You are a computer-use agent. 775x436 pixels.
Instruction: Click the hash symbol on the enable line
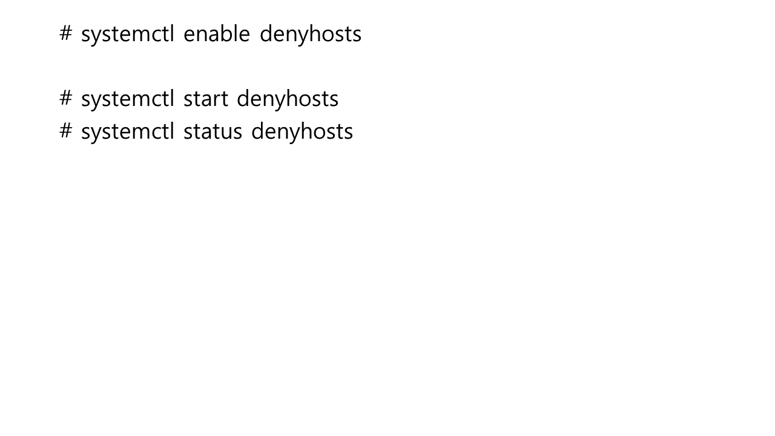(66, 33)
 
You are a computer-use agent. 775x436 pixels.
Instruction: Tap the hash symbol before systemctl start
(66, 98)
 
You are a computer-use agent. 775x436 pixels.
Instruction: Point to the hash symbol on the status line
(66, 130)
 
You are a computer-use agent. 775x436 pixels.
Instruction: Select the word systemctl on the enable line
(128, 34)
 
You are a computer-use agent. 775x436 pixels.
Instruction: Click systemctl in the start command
(128, 99)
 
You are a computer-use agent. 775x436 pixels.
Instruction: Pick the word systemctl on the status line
(128, 131)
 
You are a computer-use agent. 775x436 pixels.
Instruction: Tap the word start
(205, 99)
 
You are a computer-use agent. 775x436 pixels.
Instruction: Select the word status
(213, 131)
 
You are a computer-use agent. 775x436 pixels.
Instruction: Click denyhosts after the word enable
(310, 34)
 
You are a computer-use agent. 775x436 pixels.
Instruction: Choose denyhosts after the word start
(287, 99)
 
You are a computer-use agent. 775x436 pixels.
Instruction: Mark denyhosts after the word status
(302, 131)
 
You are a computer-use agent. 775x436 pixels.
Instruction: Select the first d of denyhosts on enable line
(266, 34)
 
